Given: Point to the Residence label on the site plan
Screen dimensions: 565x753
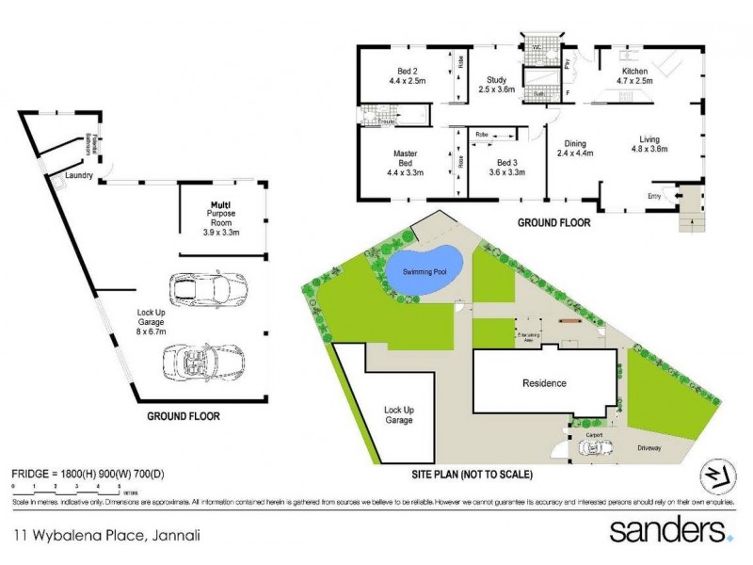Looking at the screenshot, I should (544, 383).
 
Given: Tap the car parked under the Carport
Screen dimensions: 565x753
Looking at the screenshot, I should (596, 448).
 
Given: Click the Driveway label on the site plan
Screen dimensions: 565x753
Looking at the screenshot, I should (649, 448).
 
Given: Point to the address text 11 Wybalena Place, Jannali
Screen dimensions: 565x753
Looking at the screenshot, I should (106, 535).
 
